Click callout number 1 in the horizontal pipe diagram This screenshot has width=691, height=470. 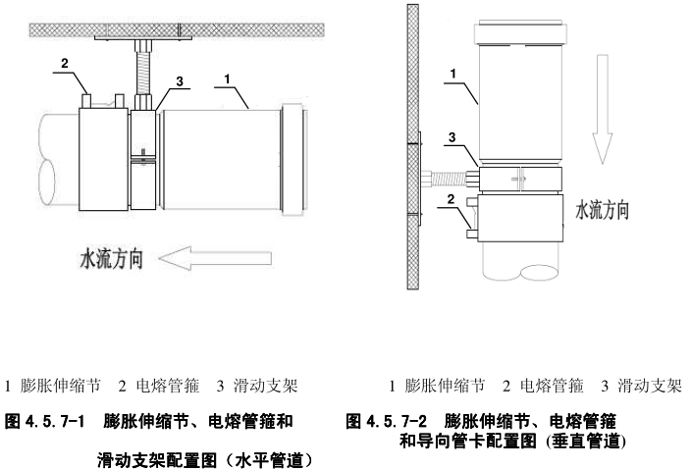pyautogui.click(x=227, y=76)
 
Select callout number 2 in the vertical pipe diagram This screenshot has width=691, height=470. pyautogui.click(x=450, y=200)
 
